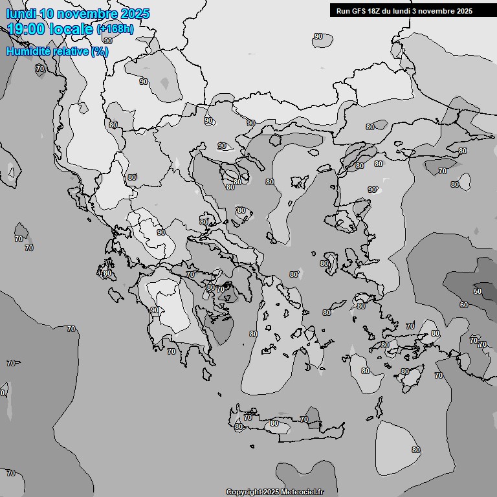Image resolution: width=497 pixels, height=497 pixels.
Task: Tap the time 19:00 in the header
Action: pyautogui.click(x=27, y=28)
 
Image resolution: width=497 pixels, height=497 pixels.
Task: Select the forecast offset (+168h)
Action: pyautogui.click(x=115, y=28)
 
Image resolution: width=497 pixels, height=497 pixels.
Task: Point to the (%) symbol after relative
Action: pyautogui.click(x=99, y=51)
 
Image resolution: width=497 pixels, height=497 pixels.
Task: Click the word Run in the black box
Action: pyautogui.click(x=344, y=11)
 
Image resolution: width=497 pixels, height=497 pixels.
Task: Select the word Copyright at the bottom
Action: pyautogui.click(x=244, y=492)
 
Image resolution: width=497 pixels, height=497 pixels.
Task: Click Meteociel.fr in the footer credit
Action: pyautogui.click(x=302, y=492)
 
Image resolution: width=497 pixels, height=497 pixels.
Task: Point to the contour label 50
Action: pyautogui.click(x=478, y=291)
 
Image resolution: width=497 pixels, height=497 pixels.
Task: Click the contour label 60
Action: pyautogui.click(x=464, y=305)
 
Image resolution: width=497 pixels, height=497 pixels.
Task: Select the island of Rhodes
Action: pyautogui.click(x=410, y=379)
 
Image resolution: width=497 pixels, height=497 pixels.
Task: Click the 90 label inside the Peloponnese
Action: pyautogui.click(x=155, y=311)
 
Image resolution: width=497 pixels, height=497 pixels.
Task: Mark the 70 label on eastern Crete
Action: pyautogui.click(x=304, y=420)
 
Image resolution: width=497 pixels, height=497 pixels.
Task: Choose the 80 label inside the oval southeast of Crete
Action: pyautogui.click(x=416, y=450)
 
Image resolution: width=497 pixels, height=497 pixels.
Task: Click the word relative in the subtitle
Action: pyautogui.click(x=71, y=51)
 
